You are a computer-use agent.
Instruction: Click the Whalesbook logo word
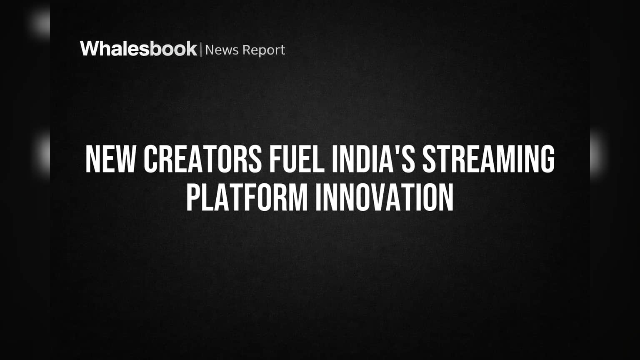pos(139,49)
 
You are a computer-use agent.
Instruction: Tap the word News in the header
pos(222,50)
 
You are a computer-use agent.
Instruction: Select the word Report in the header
pos(264,51)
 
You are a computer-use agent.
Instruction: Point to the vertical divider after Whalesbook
pos(201,49)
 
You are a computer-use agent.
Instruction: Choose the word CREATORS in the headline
pos(202,159)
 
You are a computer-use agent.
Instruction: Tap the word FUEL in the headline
pos(297,159)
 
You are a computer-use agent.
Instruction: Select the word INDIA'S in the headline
pos(373,159)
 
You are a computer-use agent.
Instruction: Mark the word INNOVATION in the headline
pos(385,197)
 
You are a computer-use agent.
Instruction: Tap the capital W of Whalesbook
pos(91,49)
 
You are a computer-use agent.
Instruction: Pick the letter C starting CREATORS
pos(150,159)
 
